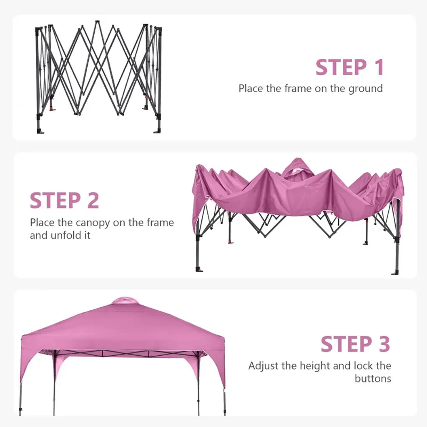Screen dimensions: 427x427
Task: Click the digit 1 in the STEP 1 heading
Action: pos(379,67)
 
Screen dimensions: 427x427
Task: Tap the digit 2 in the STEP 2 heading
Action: pos(93,201)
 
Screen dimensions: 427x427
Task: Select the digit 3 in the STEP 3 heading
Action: pos(384,344)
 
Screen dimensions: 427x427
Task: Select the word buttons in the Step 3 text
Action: pos(373,378)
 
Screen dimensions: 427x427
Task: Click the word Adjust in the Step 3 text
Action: pos(264,366)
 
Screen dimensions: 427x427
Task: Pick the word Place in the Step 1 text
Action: pos(251,88)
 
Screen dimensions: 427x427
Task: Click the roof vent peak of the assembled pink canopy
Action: pos(125,300)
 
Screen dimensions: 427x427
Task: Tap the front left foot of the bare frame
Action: pos(40,131)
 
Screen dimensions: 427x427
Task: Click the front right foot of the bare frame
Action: pos(158,131)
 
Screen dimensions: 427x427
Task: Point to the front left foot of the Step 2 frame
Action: pos(199,270)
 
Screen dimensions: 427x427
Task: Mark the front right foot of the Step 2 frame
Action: pos(395,273)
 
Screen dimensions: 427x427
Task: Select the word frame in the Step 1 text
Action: pos(298,88)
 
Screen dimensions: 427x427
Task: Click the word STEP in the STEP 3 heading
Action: pos(347,344)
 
